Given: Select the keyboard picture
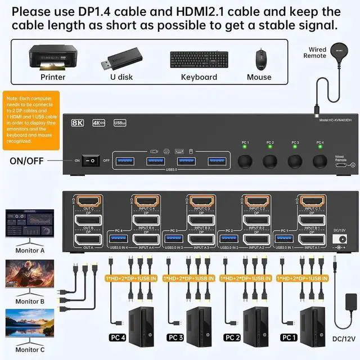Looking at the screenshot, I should [199, 59].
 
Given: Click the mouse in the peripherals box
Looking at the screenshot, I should [260, 58].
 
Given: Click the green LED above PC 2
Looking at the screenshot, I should [270, 148].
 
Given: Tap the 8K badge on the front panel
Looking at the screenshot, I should [78, 123].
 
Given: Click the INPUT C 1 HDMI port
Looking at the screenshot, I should [310, 201].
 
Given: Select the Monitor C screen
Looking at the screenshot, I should [29, 325].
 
